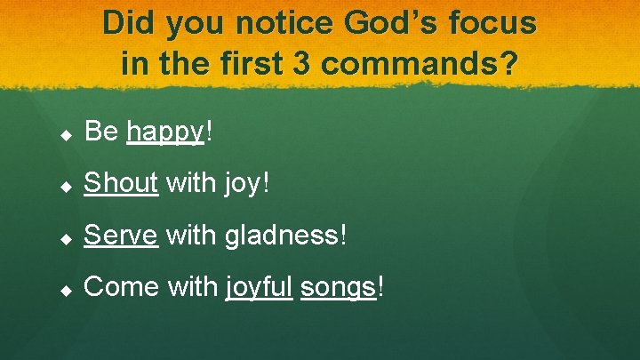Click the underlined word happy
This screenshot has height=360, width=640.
(x=165, y=132)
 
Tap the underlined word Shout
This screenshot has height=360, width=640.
(x=121, y=184)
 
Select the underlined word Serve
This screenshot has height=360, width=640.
(x=121, y=236)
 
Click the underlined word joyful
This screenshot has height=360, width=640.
(x=259, y=287)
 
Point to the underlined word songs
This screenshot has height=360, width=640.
(x=339, y=287)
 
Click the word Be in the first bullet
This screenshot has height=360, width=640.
(x=101, y=132)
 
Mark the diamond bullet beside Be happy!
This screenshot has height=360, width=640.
(x=65, y=134)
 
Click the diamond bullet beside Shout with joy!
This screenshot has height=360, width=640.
(x=65, y=186)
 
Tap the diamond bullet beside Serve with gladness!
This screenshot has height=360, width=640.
(x=65, y=237)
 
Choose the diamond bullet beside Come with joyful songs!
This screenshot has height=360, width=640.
(x=65, y=289)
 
